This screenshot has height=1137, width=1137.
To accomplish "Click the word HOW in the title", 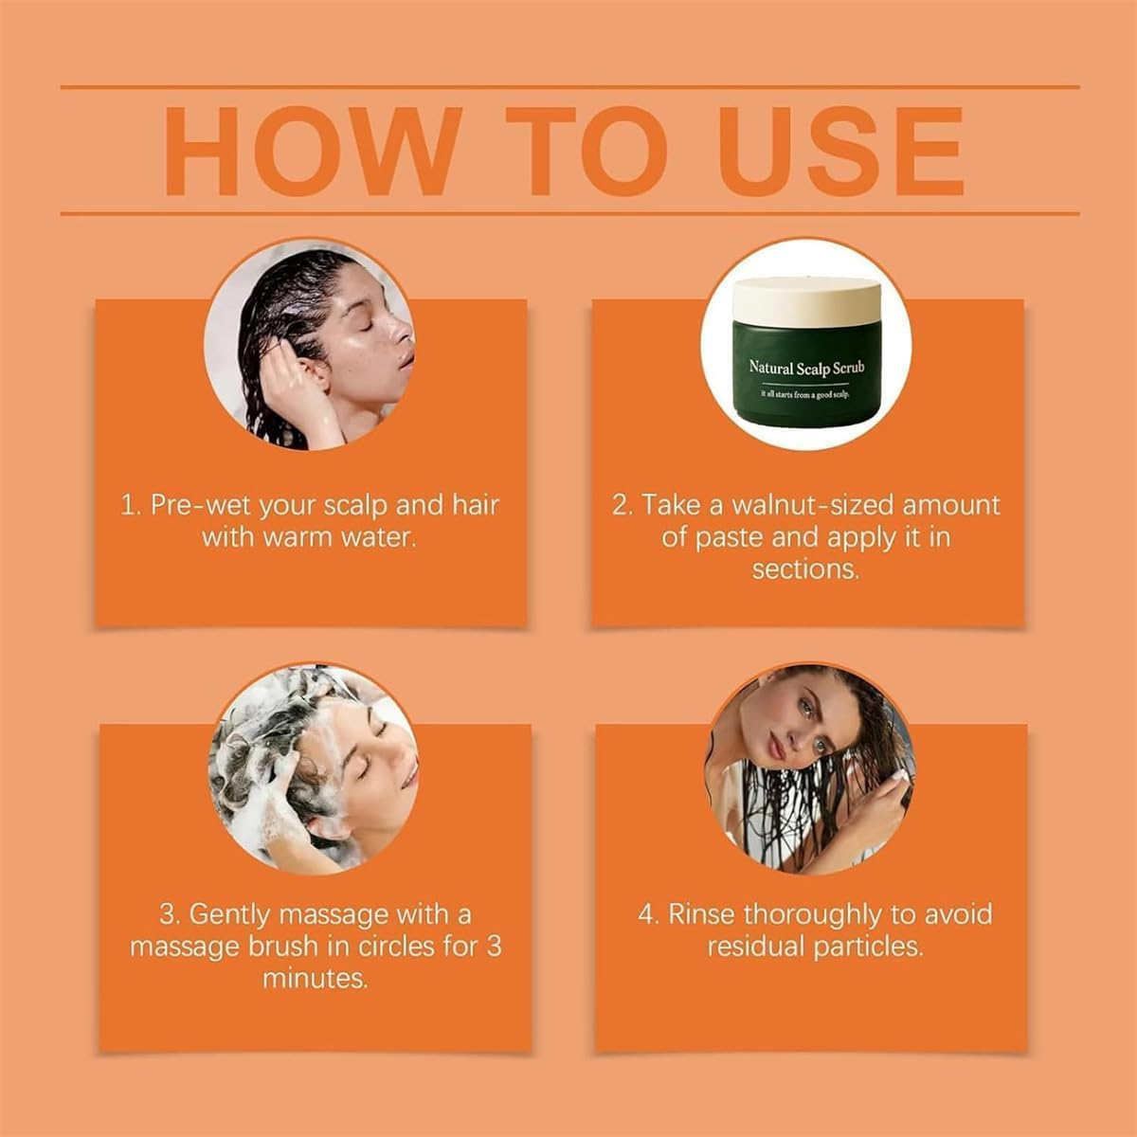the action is [x=312, y=151].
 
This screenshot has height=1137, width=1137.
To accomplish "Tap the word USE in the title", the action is [x=841, y=151].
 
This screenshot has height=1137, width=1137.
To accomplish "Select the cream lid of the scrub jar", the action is [x=806, y=301].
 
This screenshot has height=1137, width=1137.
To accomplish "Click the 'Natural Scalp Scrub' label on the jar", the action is [x=806, y=367].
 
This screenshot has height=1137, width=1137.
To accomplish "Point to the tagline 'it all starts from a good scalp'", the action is [x=805, y=394].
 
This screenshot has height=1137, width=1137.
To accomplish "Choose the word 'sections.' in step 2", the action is [x=806, y=569].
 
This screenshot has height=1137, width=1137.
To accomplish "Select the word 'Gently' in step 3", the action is [x=229, y=915].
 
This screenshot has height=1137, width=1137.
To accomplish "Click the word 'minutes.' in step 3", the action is [x=316, y=978].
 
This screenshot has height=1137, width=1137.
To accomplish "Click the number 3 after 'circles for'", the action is [x=494, y=947].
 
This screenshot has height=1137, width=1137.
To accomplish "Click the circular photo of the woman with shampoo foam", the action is [x=314, y=768].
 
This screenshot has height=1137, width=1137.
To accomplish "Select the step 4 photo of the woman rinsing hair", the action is [x=810, y=768].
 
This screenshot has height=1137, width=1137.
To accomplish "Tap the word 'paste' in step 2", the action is [x=730, y=538].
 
